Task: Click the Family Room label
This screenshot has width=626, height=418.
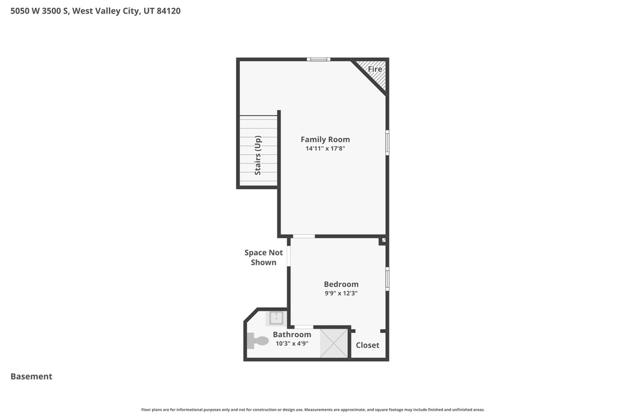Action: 325,140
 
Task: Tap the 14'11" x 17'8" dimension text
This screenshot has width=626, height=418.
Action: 325,149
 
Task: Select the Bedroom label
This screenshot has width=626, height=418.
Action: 341,284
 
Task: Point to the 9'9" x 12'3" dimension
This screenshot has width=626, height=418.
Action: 341,293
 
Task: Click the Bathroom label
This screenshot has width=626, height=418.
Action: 292,335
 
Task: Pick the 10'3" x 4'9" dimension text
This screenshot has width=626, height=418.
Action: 292,344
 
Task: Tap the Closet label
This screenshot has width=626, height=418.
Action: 367,345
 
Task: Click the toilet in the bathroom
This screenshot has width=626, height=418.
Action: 257,341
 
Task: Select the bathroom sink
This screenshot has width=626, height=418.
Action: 276,318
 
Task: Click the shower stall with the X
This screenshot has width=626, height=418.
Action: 334,343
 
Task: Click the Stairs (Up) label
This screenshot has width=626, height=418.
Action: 258,155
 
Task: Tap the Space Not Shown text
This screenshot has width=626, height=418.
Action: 263,258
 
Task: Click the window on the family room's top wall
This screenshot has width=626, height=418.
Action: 319,59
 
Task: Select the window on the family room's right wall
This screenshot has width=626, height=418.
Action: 387,142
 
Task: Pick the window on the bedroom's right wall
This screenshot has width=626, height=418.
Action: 387,278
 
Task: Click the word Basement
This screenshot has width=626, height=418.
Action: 31,376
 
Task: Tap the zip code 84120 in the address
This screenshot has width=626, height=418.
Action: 169,11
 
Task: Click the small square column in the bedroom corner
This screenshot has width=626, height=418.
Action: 383,241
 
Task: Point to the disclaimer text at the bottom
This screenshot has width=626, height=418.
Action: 312,409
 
